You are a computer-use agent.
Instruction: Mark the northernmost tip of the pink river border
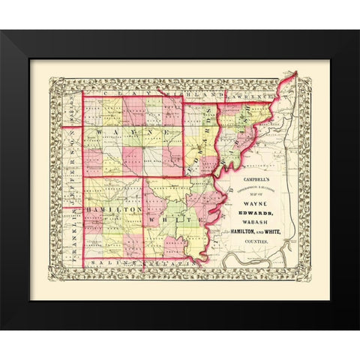coord(295,73)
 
